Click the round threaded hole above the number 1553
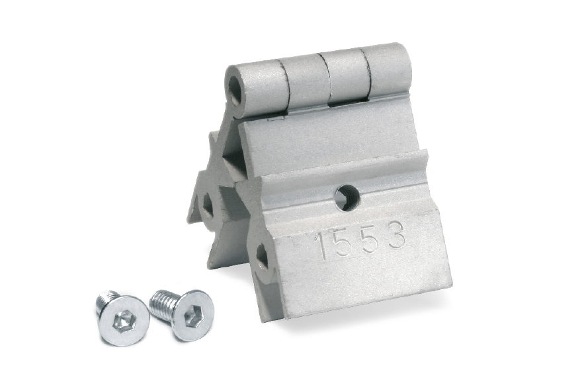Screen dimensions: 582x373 (x=347, y=198)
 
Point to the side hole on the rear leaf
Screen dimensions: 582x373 (x=208, y=205)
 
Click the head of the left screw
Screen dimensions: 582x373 (x=123, y=320)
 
